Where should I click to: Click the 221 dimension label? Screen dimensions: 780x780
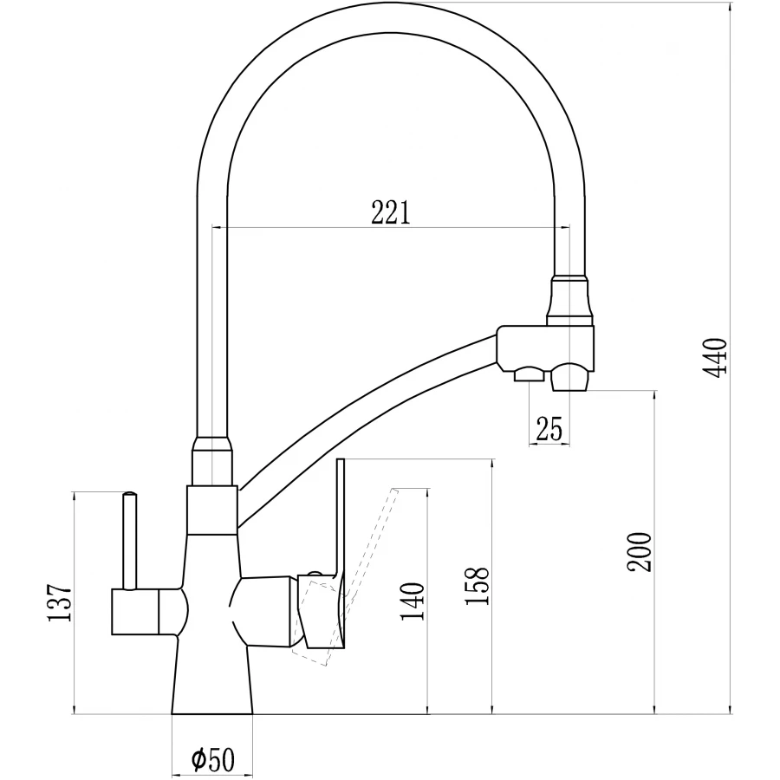pyautogui.click(x=390, y=211)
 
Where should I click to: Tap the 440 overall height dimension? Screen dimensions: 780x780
pyautogui.click(x=718, y=357)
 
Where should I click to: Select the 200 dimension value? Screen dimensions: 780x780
pyautogui.click(x=640, y=550)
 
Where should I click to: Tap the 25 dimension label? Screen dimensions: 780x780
pyautogui.click(x=549, y=428)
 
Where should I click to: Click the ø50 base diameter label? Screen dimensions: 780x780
pyautogui.click(x=212, y=760)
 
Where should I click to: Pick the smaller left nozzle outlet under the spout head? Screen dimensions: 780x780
pyautogui.click(x=528, y=374)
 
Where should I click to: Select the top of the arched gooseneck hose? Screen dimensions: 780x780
pyautogui.click(x=390, y=19)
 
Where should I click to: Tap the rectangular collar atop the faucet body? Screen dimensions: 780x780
pyautogui.click(x=211, y=510)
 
